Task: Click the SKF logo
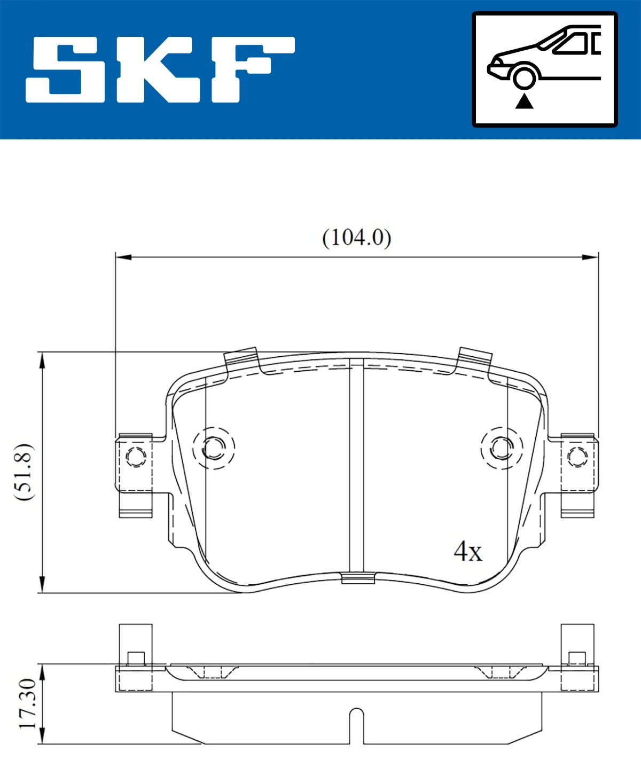tap(160, 69)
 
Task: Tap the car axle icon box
tap(544, 69)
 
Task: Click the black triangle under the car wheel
tap(524, 101)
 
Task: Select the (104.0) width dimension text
tap(356, 238)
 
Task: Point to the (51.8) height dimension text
tap(24, 471)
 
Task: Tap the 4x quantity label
tap(467, 551)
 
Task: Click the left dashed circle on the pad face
tap(214, 448)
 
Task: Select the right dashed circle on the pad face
tap(502, 448)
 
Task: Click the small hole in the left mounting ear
tap(135, 457)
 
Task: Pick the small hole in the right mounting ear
tap(577, 457)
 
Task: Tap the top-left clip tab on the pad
tap(241, 357)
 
